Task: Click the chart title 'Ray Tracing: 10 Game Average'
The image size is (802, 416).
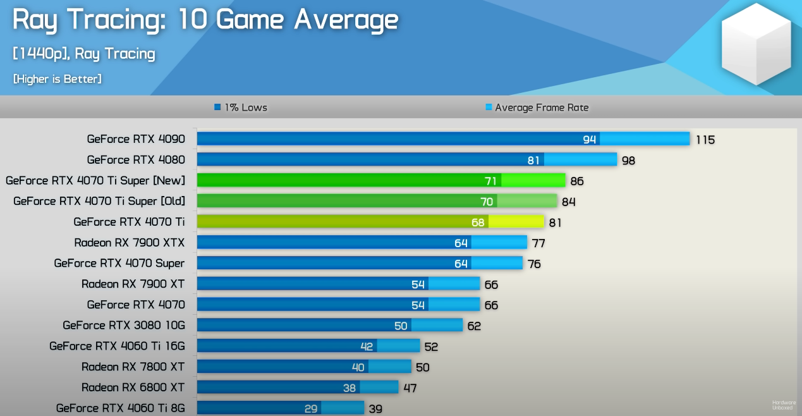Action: coord(205,20)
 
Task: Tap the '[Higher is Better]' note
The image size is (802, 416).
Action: coord(58,79)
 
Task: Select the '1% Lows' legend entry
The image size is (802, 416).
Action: coord(241,107)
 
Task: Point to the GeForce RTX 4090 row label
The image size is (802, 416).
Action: coord(136,139)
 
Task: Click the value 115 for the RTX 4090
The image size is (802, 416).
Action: coord(705,140)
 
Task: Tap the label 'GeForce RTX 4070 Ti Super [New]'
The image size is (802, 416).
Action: coord(95,181)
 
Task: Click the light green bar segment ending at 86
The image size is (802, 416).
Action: coord(533,181)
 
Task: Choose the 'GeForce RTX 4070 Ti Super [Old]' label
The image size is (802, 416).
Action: coord(99,201)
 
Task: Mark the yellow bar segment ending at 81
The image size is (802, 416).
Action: coord(516,222)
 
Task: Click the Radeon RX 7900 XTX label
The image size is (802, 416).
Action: coord(129,243)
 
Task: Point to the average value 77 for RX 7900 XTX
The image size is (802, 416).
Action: coord(538,243)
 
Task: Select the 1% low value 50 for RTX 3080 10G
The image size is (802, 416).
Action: coord(401,326)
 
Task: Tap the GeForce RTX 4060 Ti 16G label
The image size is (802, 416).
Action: coord(117,346)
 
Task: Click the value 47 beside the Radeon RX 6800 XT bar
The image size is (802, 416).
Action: coord(410,388)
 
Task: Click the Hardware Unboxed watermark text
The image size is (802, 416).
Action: coord(784,405)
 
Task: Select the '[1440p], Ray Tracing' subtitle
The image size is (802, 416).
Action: coord(83,54)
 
